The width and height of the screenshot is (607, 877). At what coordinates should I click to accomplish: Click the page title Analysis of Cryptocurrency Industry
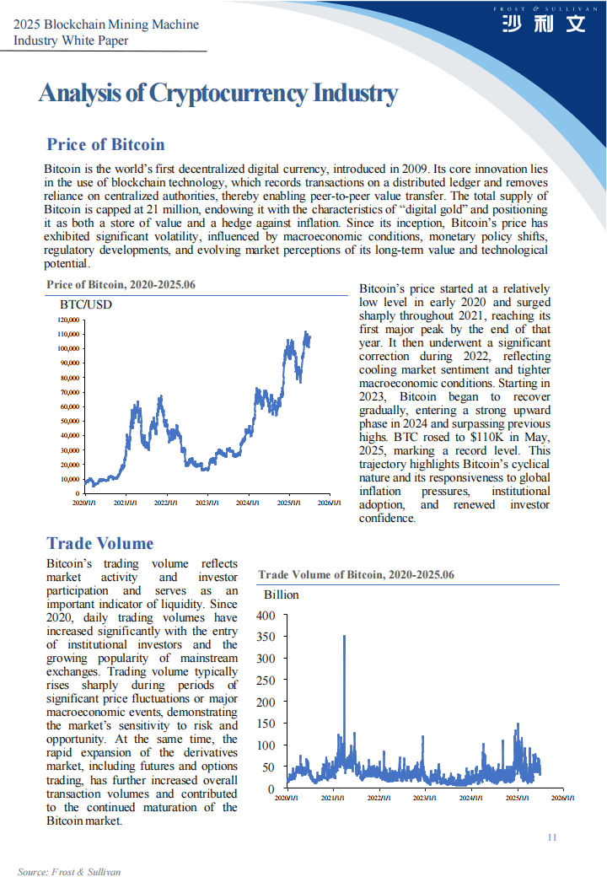pyautogui.click(x=218, y=94)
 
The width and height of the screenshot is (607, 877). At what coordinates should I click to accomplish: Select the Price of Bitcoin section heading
pyautogui.click(x=105, y=144)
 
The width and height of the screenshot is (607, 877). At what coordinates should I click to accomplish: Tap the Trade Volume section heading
pyautogui.click(x=100, y=543)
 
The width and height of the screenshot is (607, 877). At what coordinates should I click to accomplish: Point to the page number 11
pyautogui.click(x=552, y=837)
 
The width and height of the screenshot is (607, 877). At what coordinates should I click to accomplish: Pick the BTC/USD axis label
pyautogui.click(x=85, y=304)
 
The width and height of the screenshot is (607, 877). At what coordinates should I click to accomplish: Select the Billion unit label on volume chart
pyautogui.click(x=282, y=595)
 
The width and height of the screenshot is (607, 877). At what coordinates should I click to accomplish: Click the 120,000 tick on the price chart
pyautogui.click(x=69, y=320)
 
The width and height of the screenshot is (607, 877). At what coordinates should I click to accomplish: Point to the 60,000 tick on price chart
pyautogui.click(x=69, y=406)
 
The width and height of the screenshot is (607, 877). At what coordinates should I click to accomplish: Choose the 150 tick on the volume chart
pyautogui.click(x=265, y=724)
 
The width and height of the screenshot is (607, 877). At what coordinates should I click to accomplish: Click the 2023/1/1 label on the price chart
pyautogui.click(x=207, y=503)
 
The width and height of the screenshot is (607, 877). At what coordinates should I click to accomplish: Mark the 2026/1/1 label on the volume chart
pyautogui.click(x=563, y=798)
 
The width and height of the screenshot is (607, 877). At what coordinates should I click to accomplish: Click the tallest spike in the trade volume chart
pyautogui.click(x=344, y=638)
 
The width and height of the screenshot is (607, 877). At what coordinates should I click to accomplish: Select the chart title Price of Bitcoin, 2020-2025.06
pyautogui.click(x=121, y=285)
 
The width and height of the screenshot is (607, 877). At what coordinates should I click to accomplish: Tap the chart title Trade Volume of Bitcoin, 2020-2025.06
pyautogui.click(x=356, y=575)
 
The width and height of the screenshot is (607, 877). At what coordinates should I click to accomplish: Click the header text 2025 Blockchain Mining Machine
pyautogui.click(x=106, y=24)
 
